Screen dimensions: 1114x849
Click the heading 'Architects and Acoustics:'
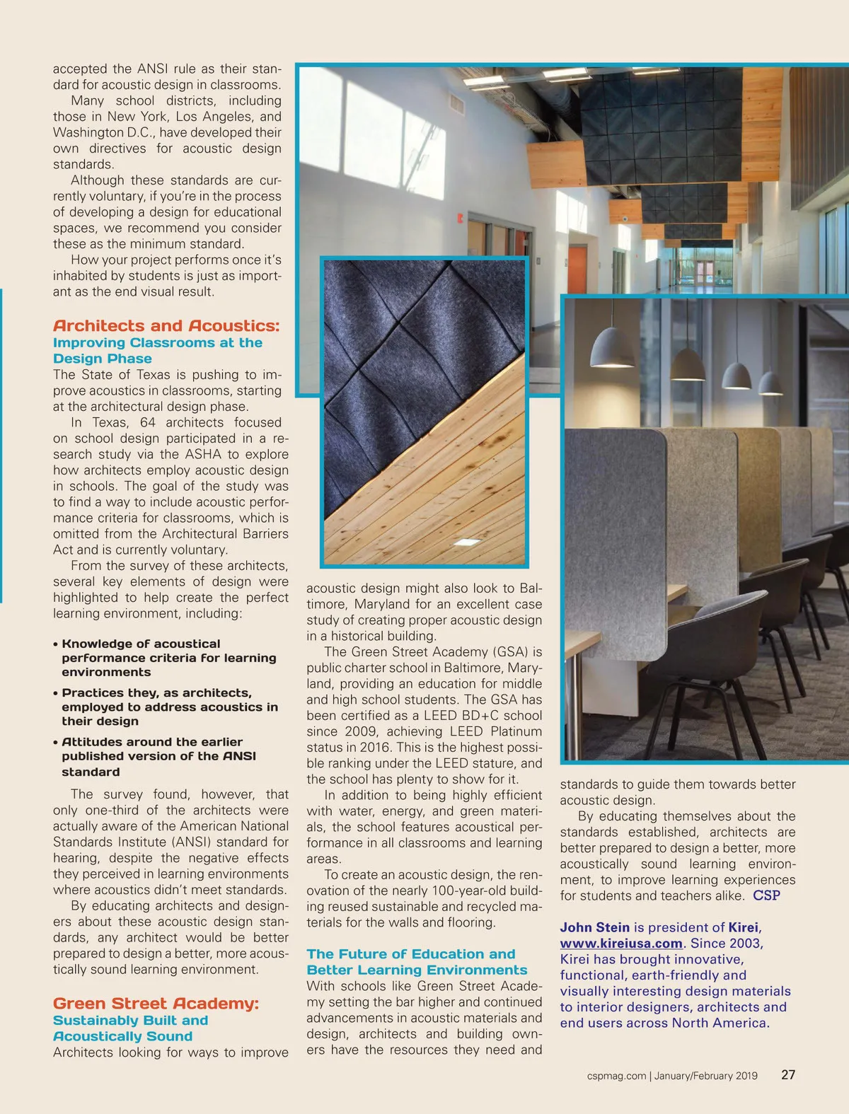[x=166, y=326]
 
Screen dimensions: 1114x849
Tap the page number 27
[x=788, y=1074]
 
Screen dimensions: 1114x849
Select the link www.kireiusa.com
[x=621, y=944]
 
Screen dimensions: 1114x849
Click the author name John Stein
[x=594, y=927]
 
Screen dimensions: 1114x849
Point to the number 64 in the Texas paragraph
[x=148, y=422]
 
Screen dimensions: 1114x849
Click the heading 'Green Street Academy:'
[x=156, y=1004]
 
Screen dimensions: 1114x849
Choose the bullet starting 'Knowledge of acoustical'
[x=141, y=644]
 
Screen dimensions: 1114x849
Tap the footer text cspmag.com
[x=616, y=1076]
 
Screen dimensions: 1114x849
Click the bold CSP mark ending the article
[x=766, y=895]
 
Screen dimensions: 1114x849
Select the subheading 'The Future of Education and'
[x=411, y=954]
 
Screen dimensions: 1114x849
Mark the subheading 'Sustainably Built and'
[x=130, y=1021]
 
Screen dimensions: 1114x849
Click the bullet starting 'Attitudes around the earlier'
[x=152, y=742]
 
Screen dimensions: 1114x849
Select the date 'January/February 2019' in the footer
[x=705, y=1076]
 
